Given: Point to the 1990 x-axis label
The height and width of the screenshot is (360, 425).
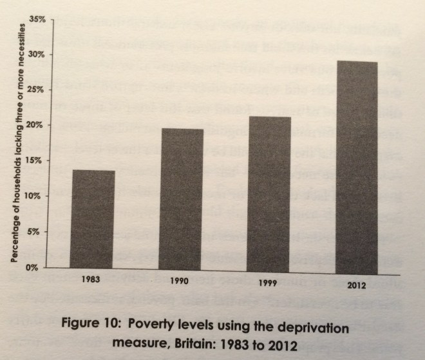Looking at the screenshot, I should point(179,283).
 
